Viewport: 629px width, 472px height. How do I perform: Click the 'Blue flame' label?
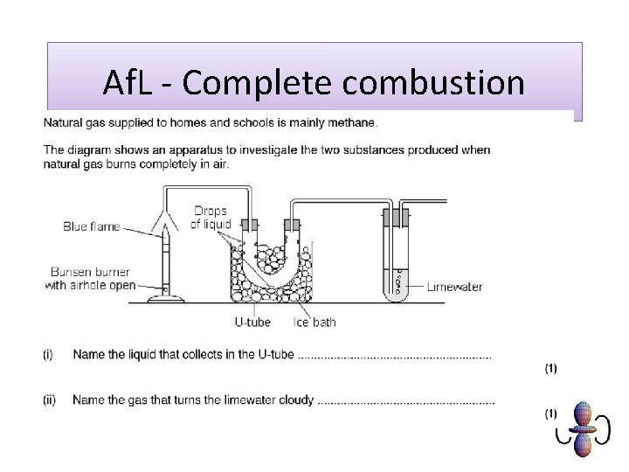[91, 226]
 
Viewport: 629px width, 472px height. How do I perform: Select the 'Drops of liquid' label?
[211, 218]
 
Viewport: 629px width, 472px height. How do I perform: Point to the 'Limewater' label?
[454, 287]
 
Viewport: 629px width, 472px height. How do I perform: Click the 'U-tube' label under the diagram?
[252, 322]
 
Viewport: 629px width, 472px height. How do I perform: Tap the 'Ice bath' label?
[314, 322]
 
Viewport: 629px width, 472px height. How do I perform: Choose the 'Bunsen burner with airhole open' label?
[93, 278]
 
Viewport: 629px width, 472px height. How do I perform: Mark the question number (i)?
[48, 355]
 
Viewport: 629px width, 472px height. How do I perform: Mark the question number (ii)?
[50, 400]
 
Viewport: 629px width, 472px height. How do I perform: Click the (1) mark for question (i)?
[550, 369]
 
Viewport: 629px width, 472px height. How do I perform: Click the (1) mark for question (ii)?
[550, 413]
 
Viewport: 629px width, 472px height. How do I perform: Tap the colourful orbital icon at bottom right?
[580, 428]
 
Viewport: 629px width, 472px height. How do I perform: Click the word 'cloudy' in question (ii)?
[295, 400]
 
